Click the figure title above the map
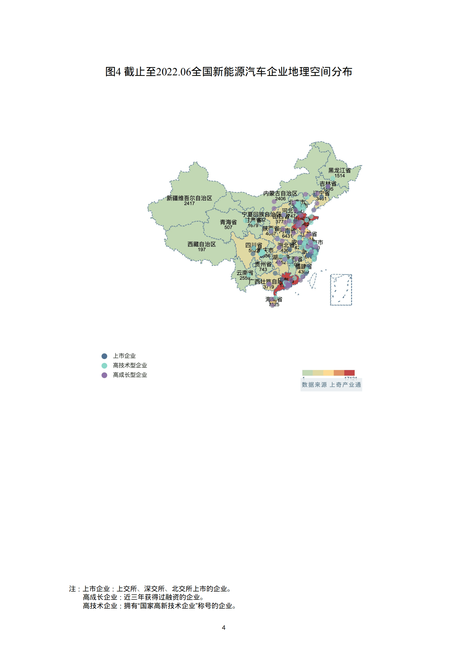coord(229,72)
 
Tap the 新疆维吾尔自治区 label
coord(189,198)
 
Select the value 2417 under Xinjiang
coord(189,203)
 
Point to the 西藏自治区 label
coord(201,244)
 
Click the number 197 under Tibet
coord(201,250)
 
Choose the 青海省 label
coord(228,222)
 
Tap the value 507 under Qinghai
coord(228,227)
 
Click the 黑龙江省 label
coord(339,170)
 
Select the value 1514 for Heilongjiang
coord(339,176)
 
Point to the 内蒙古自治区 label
coord(280,193)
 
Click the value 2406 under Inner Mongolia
coord(280,199)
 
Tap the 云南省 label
coord(245,273)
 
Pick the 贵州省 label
coord(263,264)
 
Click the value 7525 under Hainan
coord(274,305)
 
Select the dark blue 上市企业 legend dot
coord(104,356)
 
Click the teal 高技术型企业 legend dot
coord(104,366)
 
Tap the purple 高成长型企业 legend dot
coord(104,375)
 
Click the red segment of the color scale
coord(349,373)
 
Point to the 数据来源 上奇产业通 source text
coord(331,385)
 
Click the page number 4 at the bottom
coord(223,628)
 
